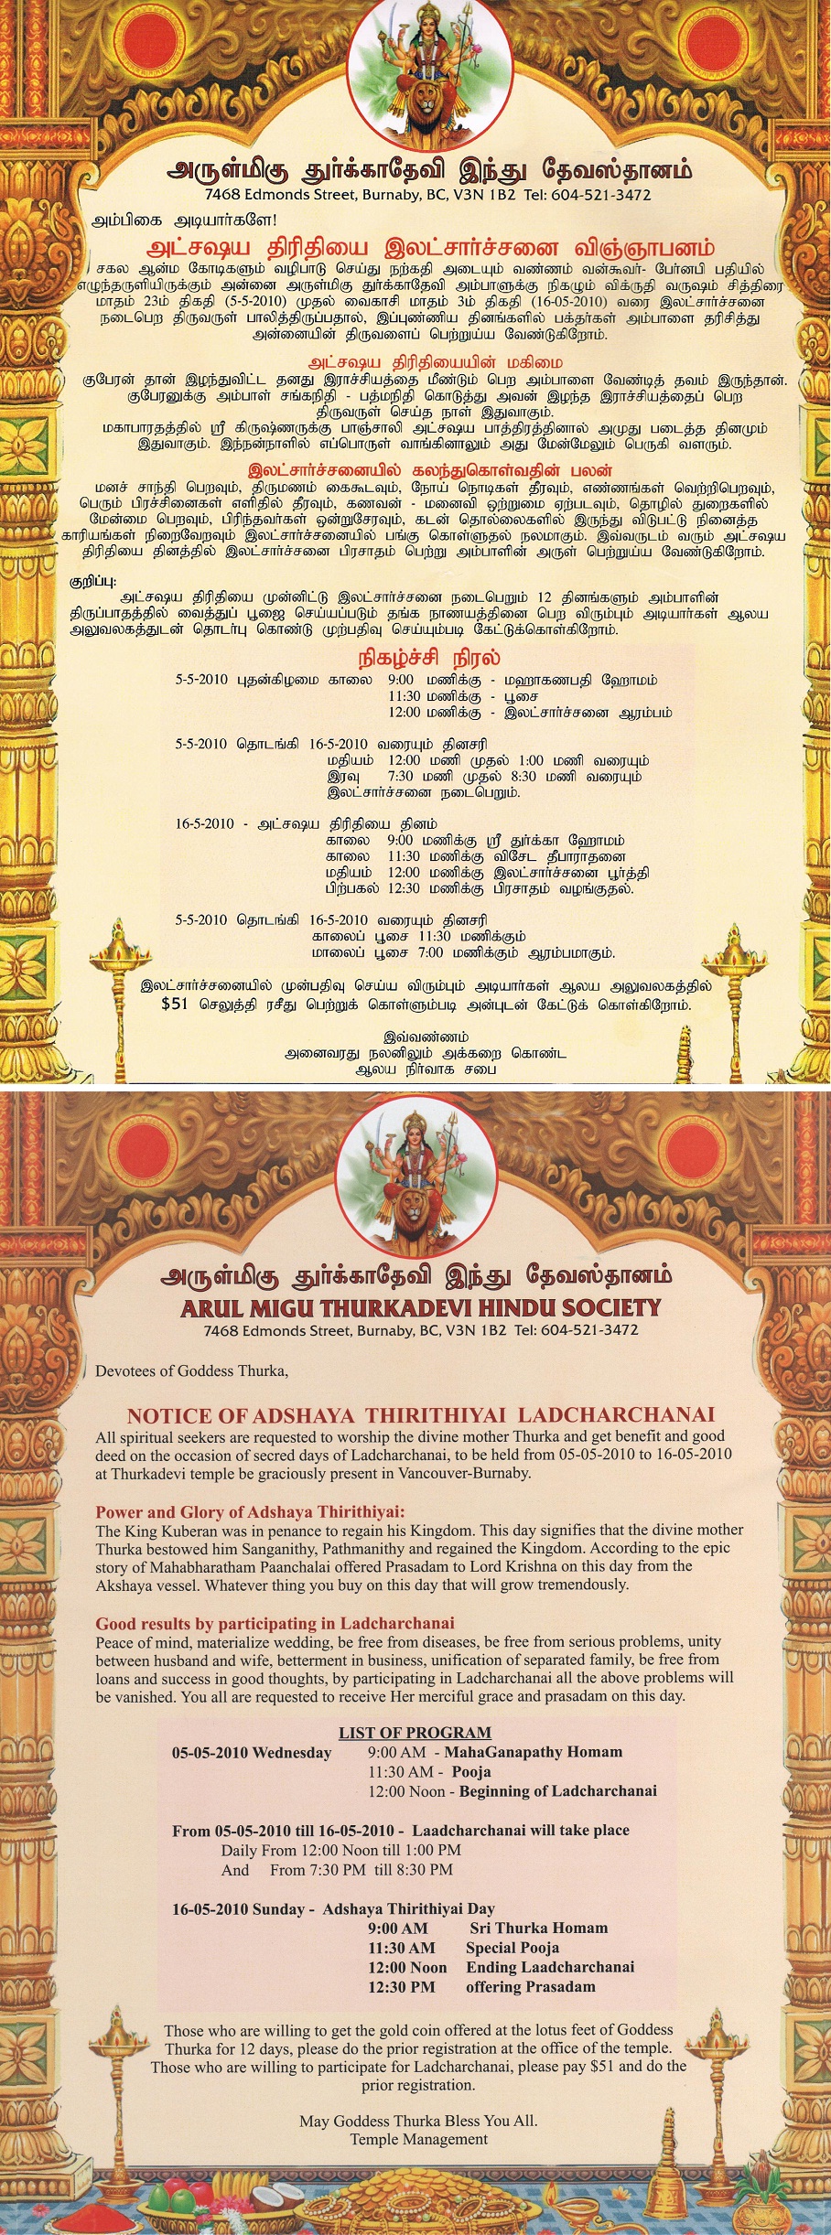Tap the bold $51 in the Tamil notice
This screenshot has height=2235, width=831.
174,1004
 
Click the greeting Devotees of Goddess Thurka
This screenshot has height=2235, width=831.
191,1370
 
